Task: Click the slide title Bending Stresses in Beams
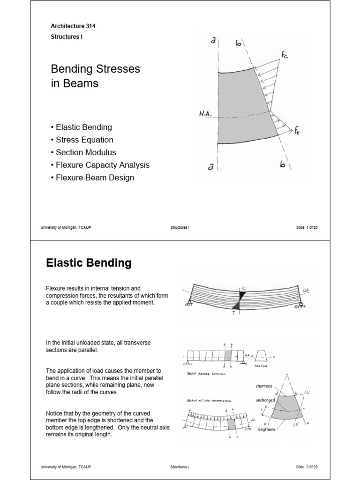[95, 76]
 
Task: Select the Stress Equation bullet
[84, 140]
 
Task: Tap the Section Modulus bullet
[86, 152]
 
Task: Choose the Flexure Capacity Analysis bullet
[102, 165]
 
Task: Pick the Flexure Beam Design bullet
[95, 178]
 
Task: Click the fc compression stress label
[285, 55]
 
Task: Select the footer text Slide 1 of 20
[307, 227]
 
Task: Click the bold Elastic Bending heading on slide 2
[89, 263]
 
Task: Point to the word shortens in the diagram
[264, 386]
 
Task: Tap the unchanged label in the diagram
[265, 401]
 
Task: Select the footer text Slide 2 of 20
[307, 467]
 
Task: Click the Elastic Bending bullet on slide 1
[83, 127]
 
